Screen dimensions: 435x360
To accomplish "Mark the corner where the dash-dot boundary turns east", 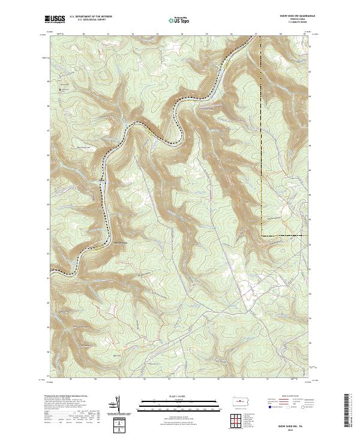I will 262,235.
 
